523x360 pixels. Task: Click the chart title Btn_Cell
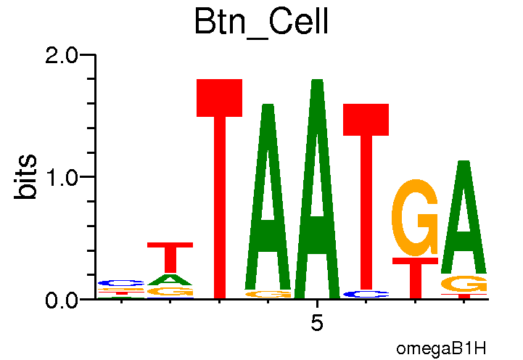(261, 22)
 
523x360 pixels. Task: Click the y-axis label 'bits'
(27, 177)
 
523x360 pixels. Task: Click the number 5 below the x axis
(317, 323)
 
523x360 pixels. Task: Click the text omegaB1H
(440, 349)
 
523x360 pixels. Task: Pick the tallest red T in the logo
(219, 189)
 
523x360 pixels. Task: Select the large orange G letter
(415, 218)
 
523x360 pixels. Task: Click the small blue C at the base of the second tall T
(366, 294)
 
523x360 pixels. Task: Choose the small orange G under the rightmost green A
(464, 284)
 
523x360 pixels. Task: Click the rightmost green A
(464, 218)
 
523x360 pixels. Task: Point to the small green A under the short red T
(170, 279)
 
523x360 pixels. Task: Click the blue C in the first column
(121, 282)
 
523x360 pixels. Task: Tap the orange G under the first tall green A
(268, 294)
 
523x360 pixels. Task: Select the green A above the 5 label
(317, 189)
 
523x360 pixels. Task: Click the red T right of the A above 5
(366, 196)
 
